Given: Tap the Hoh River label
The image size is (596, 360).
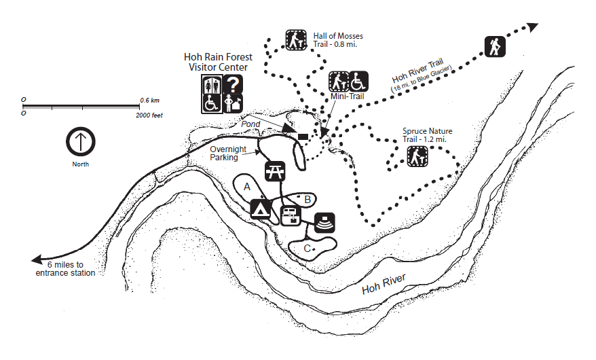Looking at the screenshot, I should point(384,283).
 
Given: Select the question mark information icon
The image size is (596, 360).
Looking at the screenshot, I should point(233,84).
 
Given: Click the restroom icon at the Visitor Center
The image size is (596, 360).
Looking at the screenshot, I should point(211,84).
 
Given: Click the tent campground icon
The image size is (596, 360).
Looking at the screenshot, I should point(261,208).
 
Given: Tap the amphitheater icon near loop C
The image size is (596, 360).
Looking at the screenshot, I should point(324,223).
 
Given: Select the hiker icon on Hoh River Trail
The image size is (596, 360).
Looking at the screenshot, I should point(495,46).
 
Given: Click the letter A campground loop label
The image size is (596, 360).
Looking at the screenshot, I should point(247,185).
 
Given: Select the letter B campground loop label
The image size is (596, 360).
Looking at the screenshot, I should point(307,199).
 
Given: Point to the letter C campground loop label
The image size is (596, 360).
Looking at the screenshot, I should point(307,249).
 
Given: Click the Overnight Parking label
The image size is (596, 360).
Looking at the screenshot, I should point(224,154).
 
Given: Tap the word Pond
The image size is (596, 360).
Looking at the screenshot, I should point(251,124).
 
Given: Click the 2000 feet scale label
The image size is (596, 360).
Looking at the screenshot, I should point(149,115).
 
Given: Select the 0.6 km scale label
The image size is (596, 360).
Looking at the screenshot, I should point(149,100).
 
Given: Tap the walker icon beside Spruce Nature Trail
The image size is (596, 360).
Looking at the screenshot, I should point(417,157).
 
